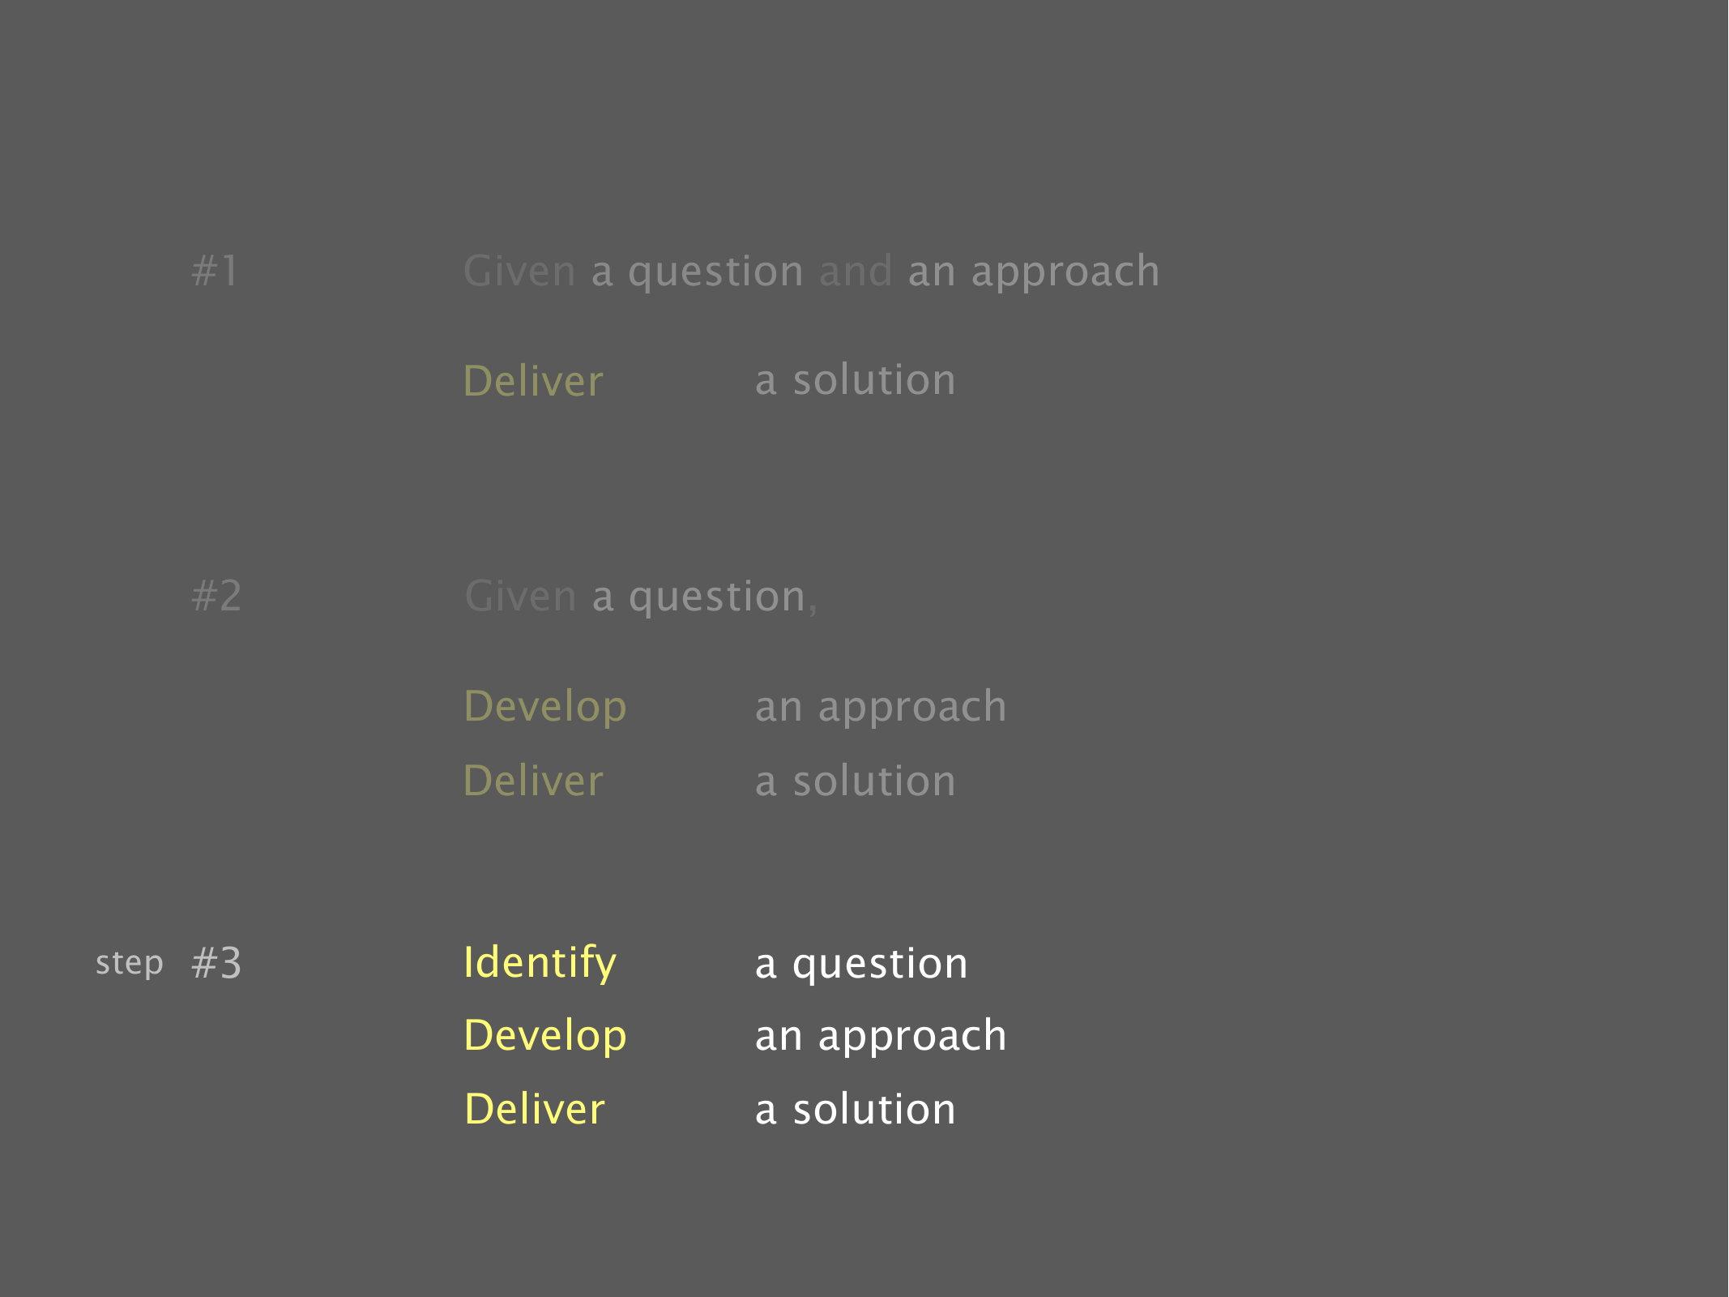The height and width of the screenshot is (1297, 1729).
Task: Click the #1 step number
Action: [x=215, y=271]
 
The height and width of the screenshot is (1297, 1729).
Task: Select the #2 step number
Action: [x=216, y=596]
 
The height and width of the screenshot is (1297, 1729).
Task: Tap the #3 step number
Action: [x=216, y=963]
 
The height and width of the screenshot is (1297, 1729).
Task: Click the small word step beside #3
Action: [x=130, y=964]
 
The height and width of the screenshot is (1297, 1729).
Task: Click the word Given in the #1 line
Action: [x=519, y=271]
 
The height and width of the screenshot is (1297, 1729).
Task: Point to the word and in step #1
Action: [x=856, y=271]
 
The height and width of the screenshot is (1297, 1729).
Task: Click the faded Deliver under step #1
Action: [x=533, y=380]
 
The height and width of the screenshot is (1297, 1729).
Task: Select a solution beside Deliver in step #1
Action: [x=855, y=380]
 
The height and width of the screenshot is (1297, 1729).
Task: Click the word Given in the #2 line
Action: [x=520, y=596]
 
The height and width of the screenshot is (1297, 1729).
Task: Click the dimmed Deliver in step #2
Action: [x=533, y=781]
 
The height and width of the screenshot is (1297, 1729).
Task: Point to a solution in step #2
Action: [x=855, y=781]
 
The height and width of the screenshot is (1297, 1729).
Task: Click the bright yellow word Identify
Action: [x=540, y=964]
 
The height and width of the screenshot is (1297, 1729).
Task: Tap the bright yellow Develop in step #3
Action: [x=545, y=1037]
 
